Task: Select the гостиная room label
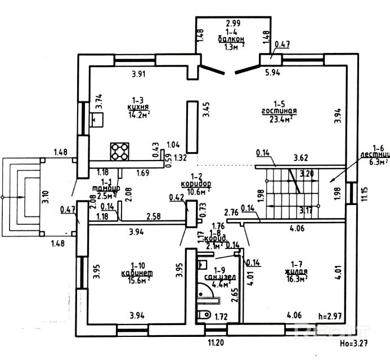click(279, 112)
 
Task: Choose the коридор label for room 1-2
click(196, 184)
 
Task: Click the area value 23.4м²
click(280, 119)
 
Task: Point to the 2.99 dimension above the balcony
click(234, 24)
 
